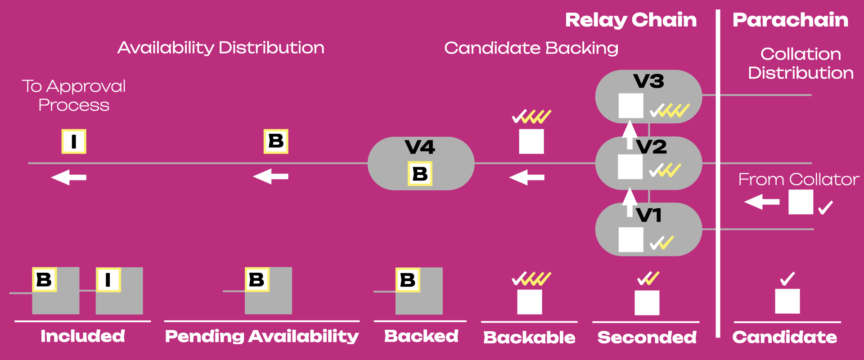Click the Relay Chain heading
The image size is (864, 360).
point(630,20)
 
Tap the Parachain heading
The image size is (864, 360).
point(790,20)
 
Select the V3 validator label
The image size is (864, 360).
point(648,81)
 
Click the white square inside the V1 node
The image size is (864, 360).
point(630,239)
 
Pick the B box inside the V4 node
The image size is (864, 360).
point(420,174)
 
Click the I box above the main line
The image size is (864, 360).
point(74,141)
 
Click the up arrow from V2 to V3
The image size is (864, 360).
point(630,134)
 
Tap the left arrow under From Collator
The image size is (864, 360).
point(761,202)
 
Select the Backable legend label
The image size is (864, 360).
point(529,337)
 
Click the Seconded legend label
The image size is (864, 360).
point(647,337)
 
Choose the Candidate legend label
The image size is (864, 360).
point(784,337)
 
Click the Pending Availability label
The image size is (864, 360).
point(262,336)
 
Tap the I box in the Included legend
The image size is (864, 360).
point(108,280)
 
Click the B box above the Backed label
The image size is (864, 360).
point(408,280)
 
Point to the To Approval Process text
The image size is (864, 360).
point(74,95)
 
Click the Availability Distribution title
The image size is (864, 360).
point(220,48)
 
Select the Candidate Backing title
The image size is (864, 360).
point(531,48)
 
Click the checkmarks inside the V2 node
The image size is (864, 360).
point(665,170)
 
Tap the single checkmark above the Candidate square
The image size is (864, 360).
point(787,279)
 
